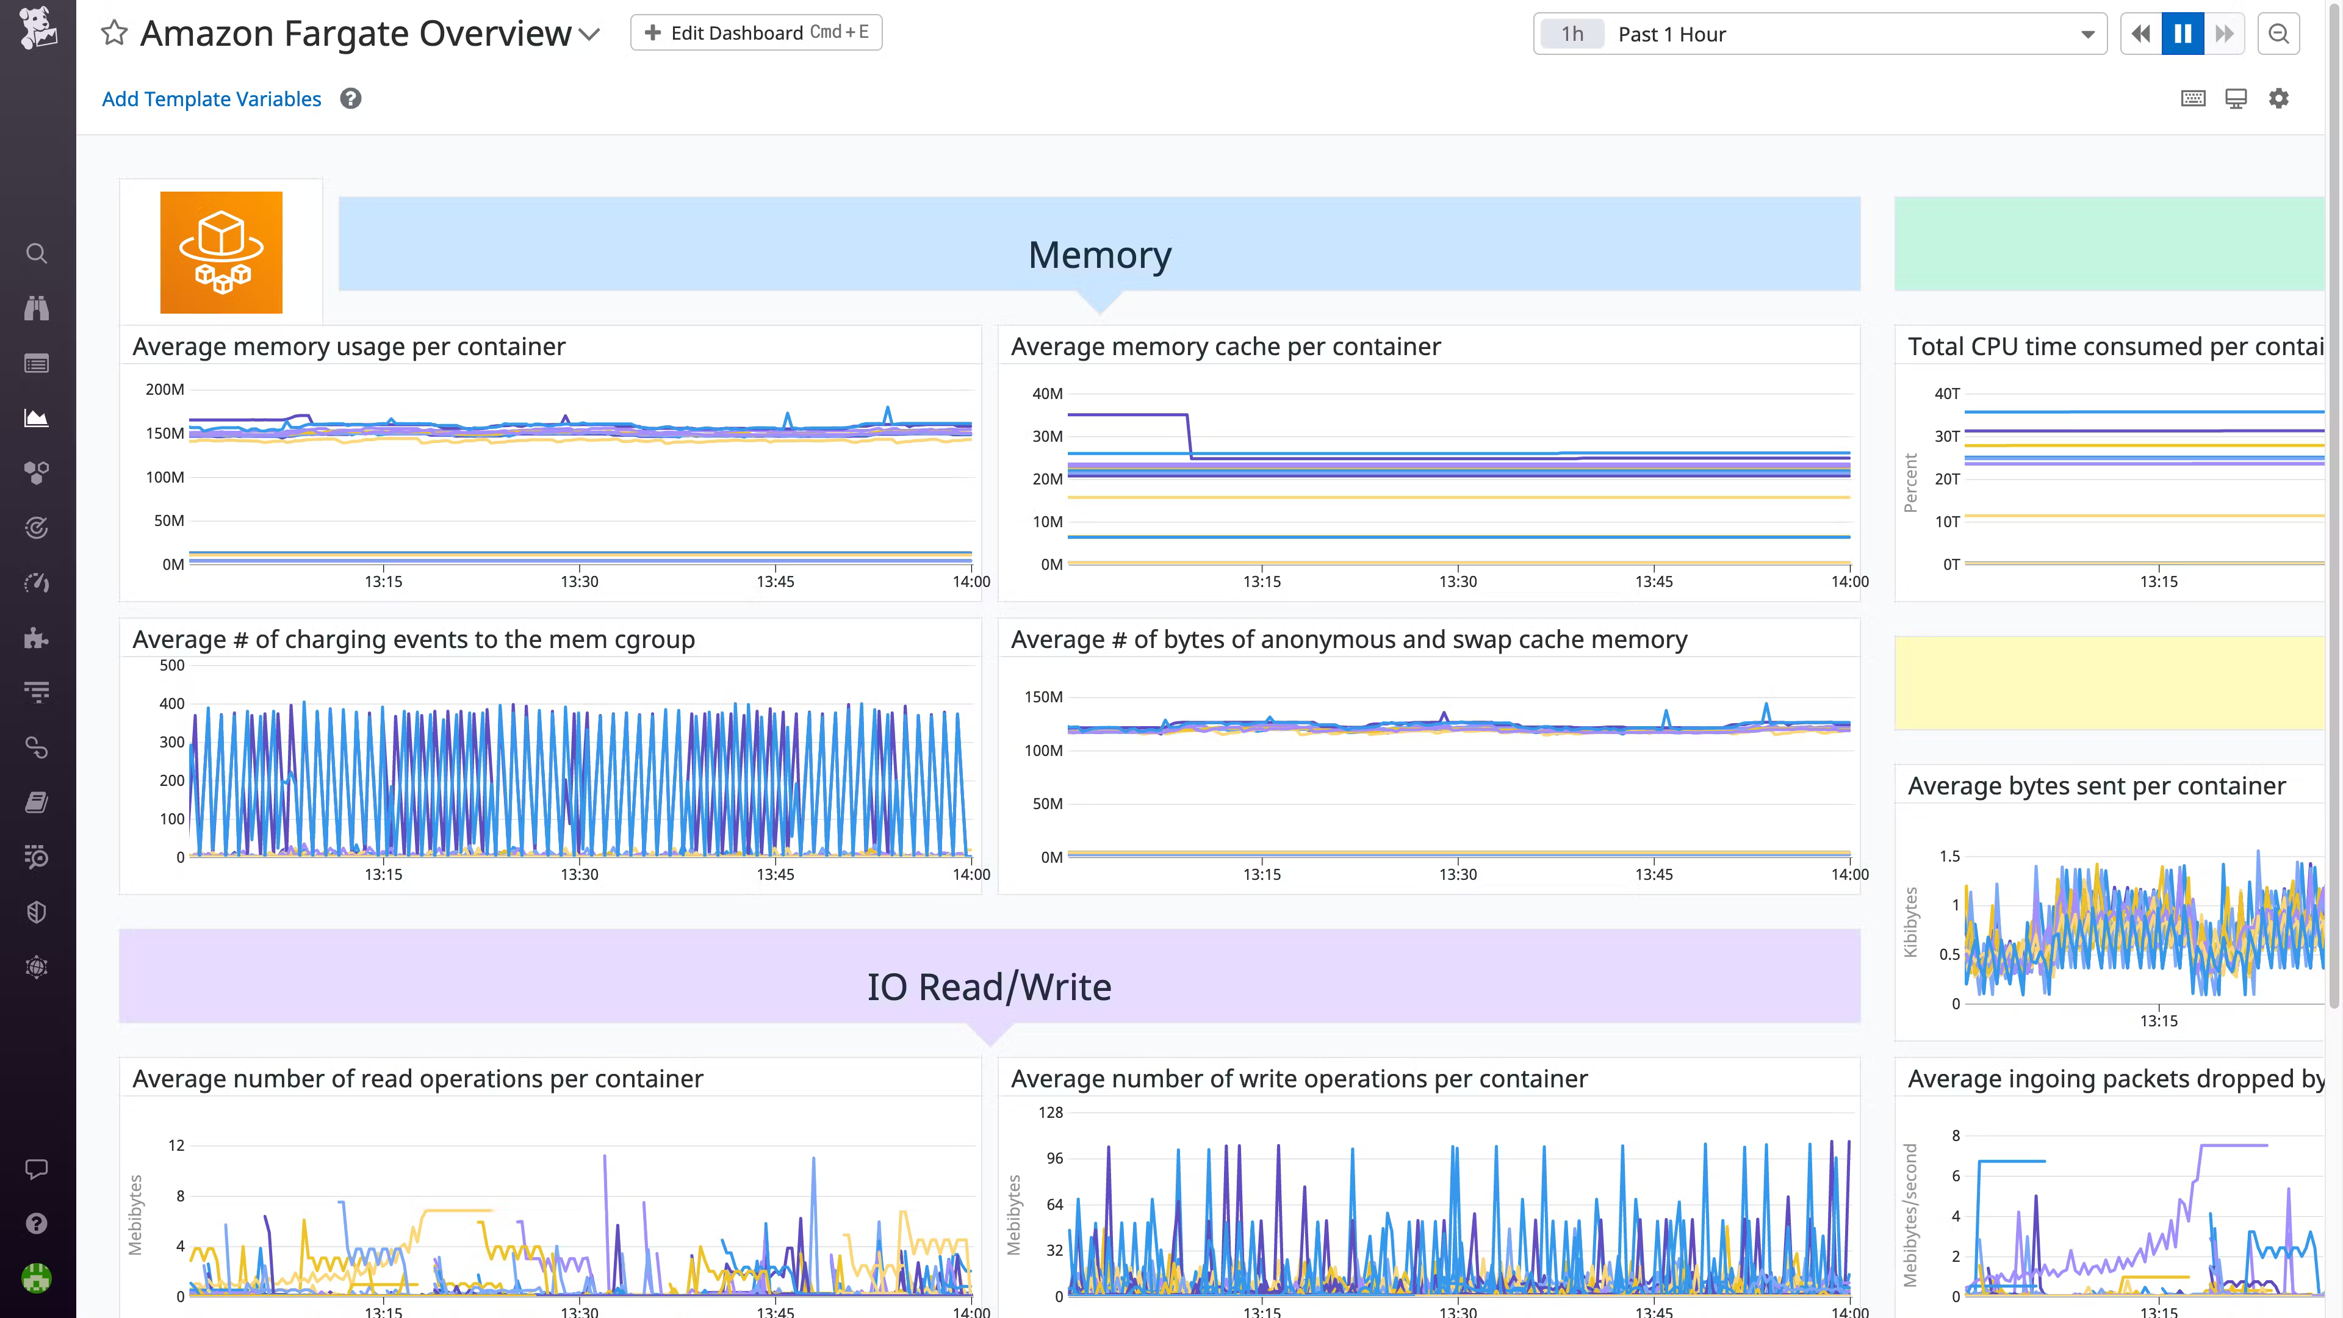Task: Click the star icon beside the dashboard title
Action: [x=113, y=34]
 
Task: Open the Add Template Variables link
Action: [x=211, y=99]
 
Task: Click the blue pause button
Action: [x=2182, y=34]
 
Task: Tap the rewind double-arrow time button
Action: [x=2141, y=34]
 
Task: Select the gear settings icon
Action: [x=2278, y=98]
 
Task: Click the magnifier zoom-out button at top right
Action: [x=2278, y=34]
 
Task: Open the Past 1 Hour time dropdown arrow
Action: [x=2087, y=35]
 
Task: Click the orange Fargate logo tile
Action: [x=221, y=252]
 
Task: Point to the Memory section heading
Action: [x=1100, y=254]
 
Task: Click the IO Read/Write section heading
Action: [x=988, y=987]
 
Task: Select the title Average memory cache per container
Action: [x=1225, y=347]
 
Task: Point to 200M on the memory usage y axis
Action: [x=165, y=389]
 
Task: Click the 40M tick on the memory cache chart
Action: [x=1047, y=394]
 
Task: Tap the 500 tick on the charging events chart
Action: [x=172, y=665]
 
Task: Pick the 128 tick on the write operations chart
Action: [x=1051, y=1112]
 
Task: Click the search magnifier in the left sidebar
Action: [x=37, y=253]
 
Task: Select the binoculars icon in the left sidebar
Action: [x=37, y=308]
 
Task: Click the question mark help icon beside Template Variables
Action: [x=351, y=98]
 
